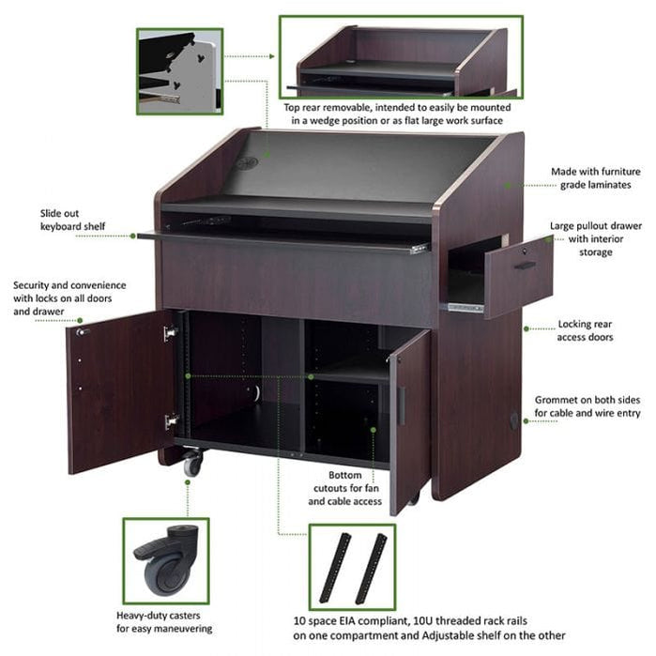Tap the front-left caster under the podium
tap(193, 462)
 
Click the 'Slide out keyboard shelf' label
tap(72, 220)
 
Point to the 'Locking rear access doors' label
tap(587, 329)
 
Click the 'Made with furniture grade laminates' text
tap(598, 179)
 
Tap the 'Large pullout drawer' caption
tap(597, 238)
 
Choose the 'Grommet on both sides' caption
tap(588, 405)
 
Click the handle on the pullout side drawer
tap(525, 265)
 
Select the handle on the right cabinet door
tap(402, 405)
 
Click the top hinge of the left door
tap(170, 332)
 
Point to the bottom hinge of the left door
tap(171, 421)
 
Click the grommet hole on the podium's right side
tap(513, 420)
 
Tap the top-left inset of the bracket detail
tap(179, 71)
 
